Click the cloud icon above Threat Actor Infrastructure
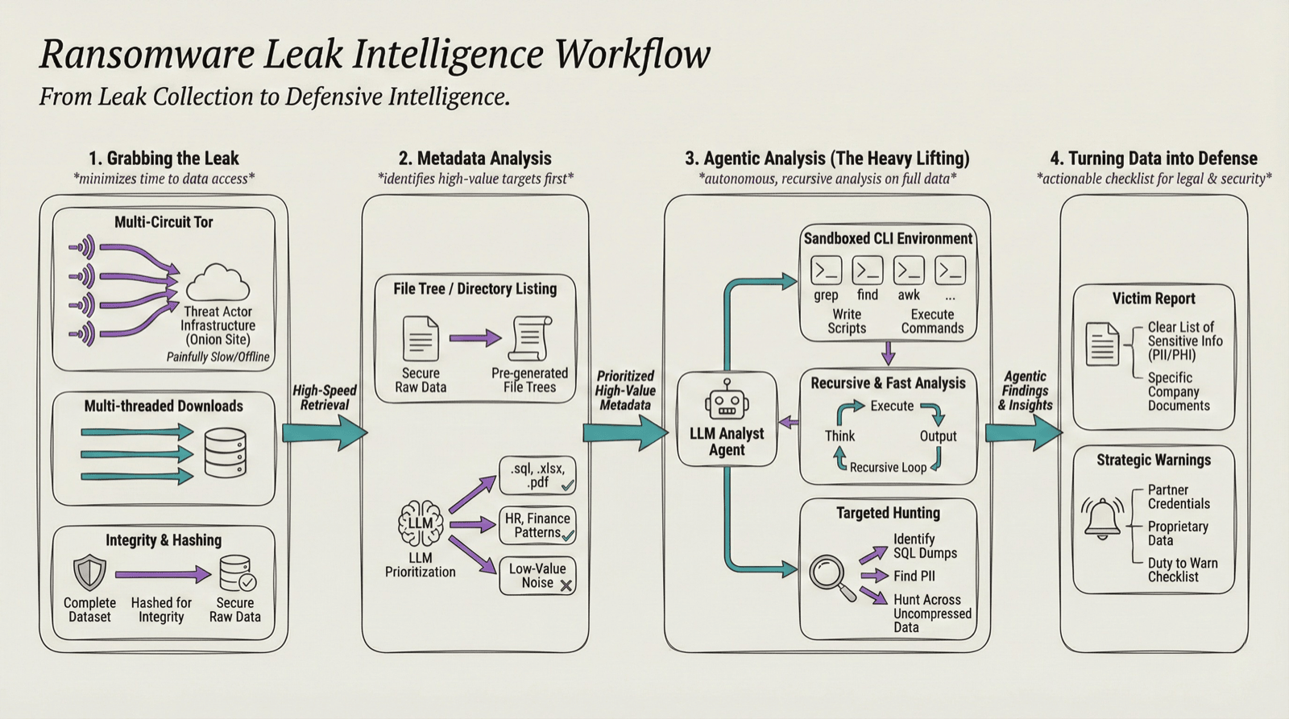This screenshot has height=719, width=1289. click(x=218, y=283)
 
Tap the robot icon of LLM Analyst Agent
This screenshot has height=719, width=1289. click(x=727, y=400)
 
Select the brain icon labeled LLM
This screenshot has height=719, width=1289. click(x=420, y=523)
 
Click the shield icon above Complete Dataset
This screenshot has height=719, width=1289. click(x=89, y=572)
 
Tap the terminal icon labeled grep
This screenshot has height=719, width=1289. click(x=826, y=271)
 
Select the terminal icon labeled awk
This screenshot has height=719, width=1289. click(x=909, y=271)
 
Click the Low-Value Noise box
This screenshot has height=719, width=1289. click(x=537, y=576)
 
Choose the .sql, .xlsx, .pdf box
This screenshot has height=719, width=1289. click(x=537, y=475)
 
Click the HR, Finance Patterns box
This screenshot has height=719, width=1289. click(x=537, y=525)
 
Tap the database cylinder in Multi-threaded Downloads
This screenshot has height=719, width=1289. click(x=226, y=453)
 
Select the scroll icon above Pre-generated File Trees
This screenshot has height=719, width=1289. click(x=530, y=338)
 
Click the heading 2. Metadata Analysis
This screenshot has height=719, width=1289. click(x=475, y=159)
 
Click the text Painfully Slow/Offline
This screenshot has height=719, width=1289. click(x=218, y=357)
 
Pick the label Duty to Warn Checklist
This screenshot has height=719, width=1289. click(x=1182, y=570)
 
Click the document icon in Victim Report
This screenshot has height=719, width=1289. click(x=1101, y=344)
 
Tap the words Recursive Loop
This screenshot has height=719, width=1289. click(x=888, y=468)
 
